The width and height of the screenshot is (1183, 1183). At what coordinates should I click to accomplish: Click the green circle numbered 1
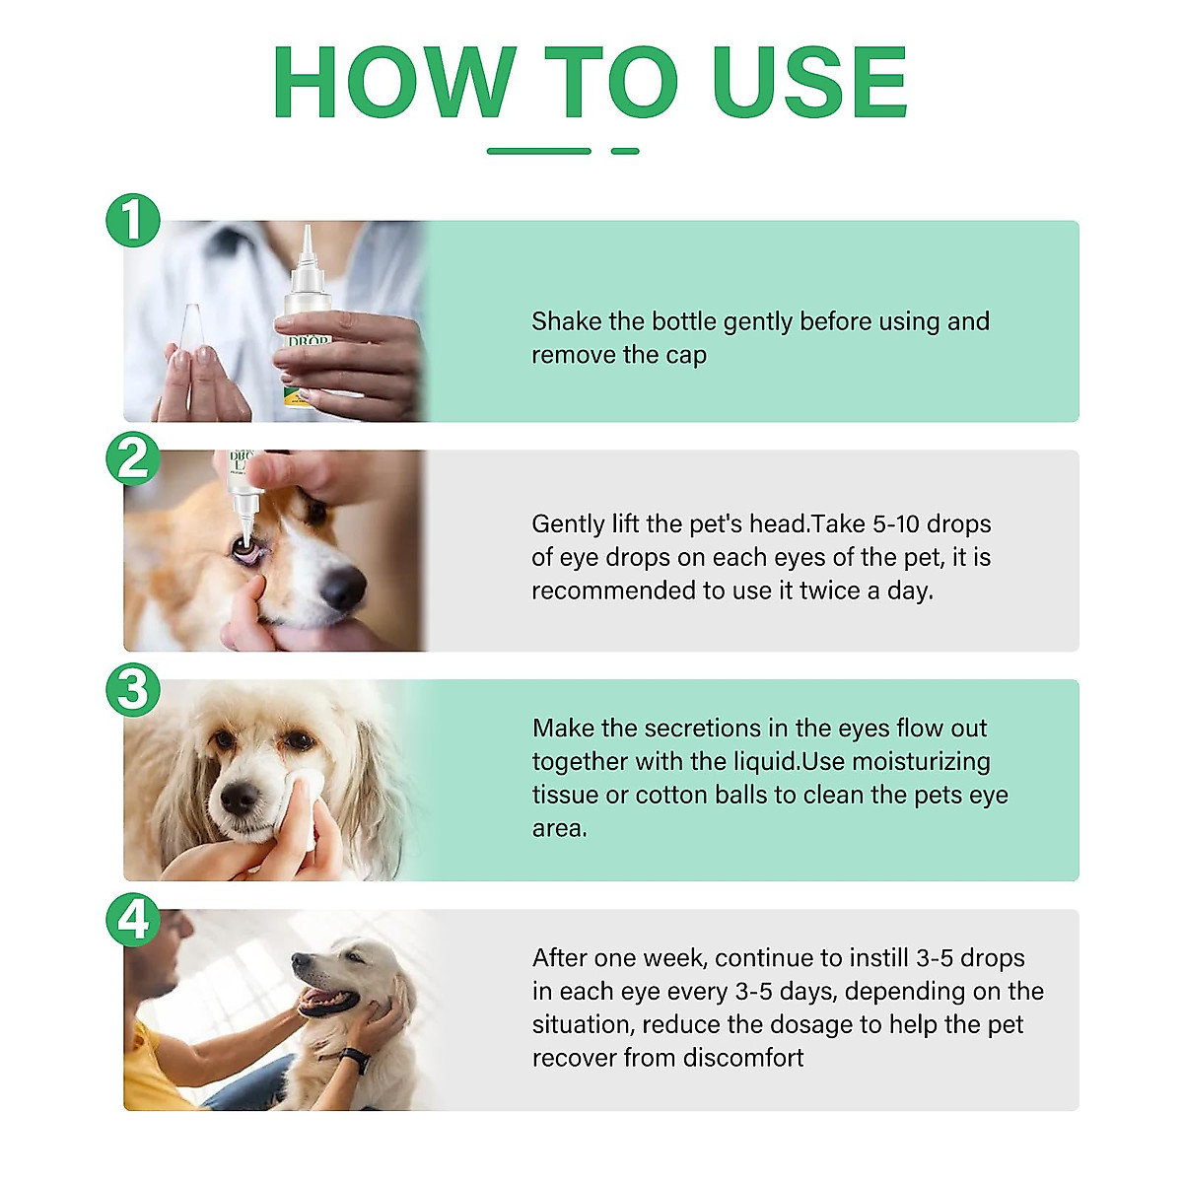(x=133, y=220)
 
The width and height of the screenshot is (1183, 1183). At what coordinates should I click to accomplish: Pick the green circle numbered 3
(x=133, y=689)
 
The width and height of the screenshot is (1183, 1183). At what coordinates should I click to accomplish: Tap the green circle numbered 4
(x=133, y=919)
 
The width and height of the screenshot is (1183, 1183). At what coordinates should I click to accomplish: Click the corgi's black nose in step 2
(x=343, y=588)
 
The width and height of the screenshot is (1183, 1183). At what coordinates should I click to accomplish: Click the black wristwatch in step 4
(x=354, y=1061)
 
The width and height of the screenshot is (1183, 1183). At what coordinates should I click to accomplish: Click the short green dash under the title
(x=625, y=151)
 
